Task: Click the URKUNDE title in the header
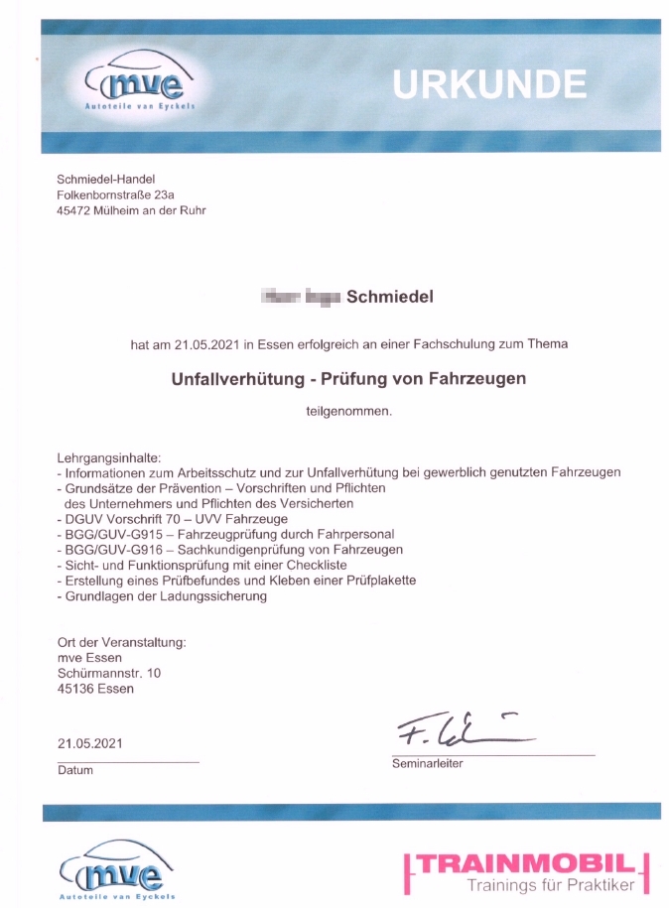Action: pos(489,83)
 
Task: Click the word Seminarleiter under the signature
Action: pos(427,764)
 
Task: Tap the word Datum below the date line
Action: pos(75,770)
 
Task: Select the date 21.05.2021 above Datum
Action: pos(90,742)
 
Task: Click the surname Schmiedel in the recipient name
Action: pos(389,296)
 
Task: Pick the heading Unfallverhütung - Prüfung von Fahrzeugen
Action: pos(347,378)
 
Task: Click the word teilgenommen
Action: pos(349,411)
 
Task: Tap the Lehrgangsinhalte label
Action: pos(108,457)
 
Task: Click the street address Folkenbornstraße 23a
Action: pos(115,195)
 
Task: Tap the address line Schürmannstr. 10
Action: pos(109,673)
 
